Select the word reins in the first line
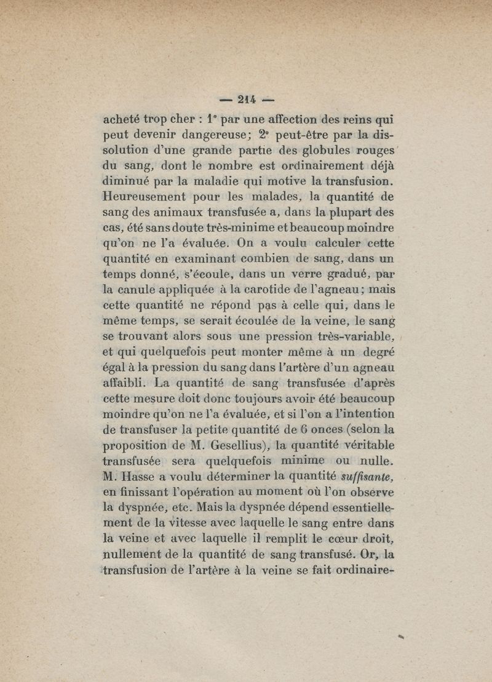(355, 119)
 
